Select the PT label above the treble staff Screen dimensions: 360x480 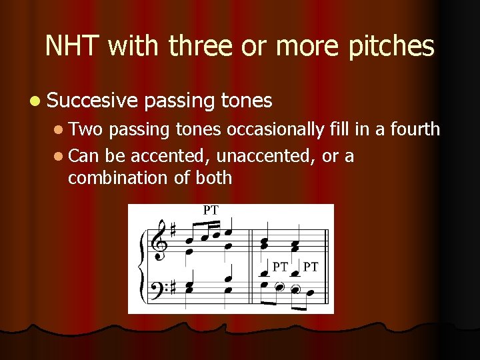tap(210, 210)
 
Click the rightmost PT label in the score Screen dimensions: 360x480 tap(311, 267)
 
